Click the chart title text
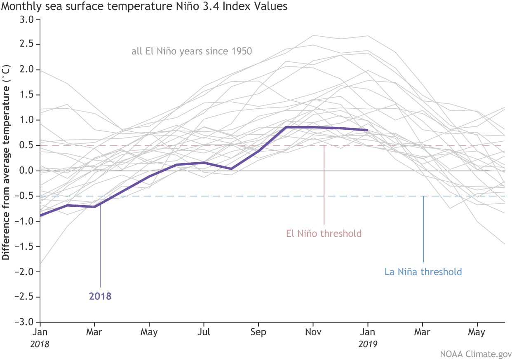point(144,7)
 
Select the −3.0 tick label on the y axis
point(26,322)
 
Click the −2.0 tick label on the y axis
point(26,272)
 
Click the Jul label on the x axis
point(203,332)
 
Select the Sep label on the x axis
point(258,332)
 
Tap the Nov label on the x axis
point(313,332)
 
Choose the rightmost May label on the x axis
point(477,332)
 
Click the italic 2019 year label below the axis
point(368,343)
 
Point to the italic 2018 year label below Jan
point(40,343)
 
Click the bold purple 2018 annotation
point(100,296)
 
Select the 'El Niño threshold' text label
point(324,234)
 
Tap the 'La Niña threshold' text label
point(423,272)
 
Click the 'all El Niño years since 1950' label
point(189,51)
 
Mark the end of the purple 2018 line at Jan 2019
point(367,130)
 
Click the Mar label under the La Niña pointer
point(423,332)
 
